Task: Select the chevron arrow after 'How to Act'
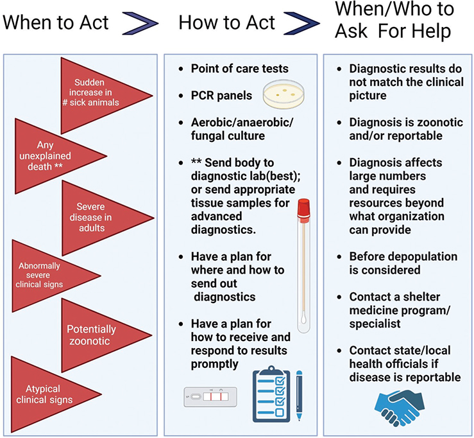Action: click(304, 24)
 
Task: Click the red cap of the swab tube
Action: click(303, 209)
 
